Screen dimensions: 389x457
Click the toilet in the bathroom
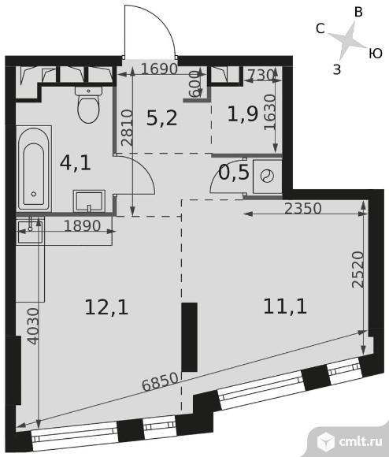tap(89, 104)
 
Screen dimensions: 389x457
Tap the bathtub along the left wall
tap(34, 169)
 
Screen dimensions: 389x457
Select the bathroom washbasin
tap(89, 201)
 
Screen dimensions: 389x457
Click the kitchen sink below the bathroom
tap(30, 232)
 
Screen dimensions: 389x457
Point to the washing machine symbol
tap(267, 176)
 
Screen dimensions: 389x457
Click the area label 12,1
tap(106, 307)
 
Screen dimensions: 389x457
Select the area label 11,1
tap(285, 307)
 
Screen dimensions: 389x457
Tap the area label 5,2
tap(161, 119)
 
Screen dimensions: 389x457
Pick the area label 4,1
tap(76, 162)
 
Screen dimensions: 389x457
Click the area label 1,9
tap(243, 113)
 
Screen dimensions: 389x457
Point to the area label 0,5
tap(234, 173)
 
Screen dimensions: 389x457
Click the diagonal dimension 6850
tap(160, 382)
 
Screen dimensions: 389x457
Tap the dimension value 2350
tap(303, 209)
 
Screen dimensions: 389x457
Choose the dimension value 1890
tap(82, 226)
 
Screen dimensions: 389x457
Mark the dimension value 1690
tap(159, 69)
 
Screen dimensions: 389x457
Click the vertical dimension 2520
tap(358, 269)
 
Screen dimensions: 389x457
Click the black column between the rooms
tap(190, 337)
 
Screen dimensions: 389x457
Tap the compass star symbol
tap(347, 40)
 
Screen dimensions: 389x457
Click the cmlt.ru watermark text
tap(361, 441)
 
